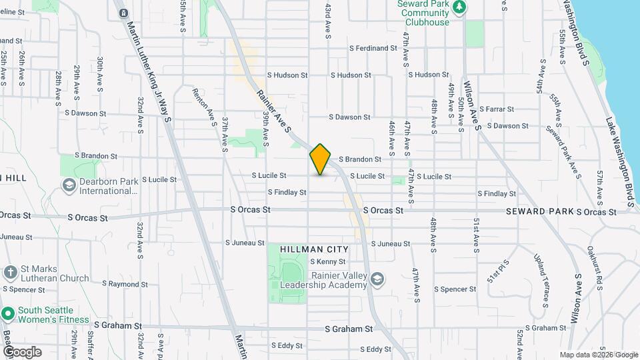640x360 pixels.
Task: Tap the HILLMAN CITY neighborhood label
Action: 314,249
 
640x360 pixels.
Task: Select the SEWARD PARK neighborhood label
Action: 539,211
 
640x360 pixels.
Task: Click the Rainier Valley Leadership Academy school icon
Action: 377,278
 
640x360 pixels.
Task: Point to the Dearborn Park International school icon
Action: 69,185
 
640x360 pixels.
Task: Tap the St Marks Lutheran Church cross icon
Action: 10,272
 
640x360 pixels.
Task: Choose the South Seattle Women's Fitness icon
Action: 8,313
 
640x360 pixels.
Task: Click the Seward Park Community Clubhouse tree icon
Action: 459,7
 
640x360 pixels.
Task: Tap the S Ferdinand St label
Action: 373,48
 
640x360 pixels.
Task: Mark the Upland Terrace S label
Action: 539,271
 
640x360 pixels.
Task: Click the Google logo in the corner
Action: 22,351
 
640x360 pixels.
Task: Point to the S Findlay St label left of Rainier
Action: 287,192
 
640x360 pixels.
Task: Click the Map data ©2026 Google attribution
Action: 598,355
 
